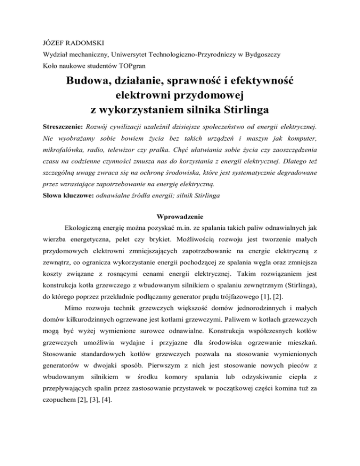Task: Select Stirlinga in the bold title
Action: point(244,111)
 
